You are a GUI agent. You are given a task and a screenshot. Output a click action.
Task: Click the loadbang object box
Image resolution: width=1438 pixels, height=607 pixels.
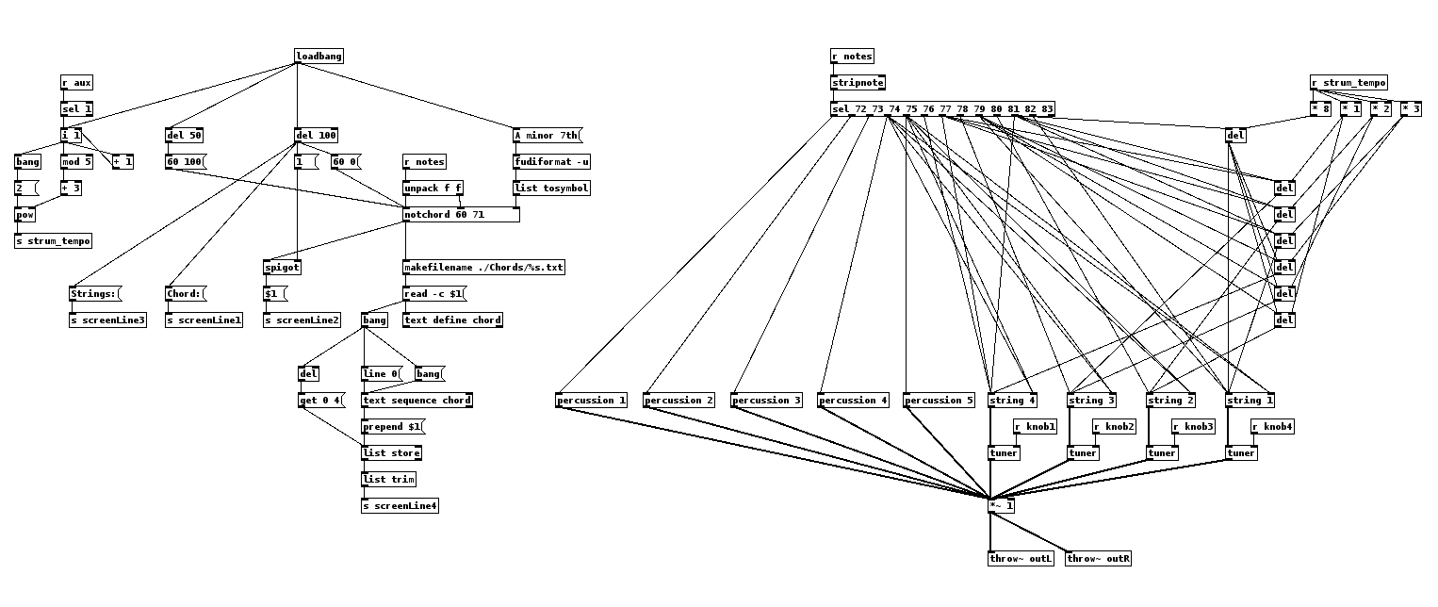point(319,57)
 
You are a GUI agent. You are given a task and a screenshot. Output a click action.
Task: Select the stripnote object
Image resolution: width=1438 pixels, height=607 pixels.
point(858,83)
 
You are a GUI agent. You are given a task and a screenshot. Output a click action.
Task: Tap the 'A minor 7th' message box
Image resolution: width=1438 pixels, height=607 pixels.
point(547,136)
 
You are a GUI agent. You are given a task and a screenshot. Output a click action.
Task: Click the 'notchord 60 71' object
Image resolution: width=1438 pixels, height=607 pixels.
point(461,215)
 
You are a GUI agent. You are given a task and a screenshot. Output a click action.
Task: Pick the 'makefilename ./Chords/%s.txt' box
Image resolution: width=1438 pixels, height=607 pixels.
point(484,268)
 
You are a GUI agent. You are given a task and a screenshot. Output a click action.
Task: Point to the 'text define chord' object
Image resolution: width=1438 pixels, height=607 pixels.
point(452,320)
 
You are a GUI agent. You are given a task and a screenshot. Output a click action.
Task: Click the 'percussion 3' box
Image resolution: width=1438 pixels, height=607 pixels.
point(767,401)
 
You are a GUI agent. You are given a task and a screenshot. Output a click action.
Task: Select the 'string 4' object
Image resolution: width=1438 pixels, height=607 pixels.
point(1012,401)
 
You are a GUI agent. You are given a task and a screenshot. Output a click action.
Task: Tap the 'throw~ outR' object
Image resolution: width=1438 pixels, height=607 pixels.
point(1099,559)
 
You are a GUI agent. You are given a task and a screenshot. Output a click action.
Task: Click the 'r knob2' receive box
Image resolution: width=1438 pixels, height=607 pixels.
point(1114,427)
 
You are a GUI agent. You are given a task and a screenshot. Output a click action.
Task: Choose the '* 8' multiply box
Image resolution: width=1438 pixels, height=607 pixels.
point(1320,109)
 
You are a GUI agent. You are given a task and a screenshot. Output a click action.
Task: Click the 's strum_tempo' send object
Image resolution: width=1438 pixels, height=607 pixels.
point(54,241)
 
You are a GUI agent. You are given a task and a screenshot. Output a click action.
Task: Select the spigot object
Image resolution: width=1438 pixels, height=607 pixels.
point(282,268)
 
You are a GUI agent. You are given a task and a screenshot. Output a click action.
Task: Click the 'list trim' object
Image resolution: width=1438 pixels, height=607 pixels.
point(388,480)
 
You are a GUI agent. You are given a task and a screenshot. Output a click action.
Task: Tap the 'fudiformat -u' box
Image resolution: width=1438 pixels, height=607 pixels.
point(552,162)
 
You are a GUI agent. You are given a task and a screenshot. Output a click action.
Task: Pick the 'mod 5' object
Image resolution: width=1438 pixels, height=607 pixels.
point(77,162)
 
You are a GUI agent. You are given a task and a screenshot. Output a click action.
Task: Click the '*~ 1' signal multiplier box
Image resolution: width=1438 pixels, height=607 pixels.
point(1002,506)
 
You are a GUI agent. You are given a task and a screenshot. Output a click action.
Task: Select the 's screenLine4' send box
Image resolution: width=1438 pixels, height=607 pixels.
point(400,506)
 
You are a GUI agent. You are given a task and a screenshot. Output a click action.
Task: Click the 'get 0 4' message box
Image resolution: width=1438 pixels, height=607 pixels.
point(320,401)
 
